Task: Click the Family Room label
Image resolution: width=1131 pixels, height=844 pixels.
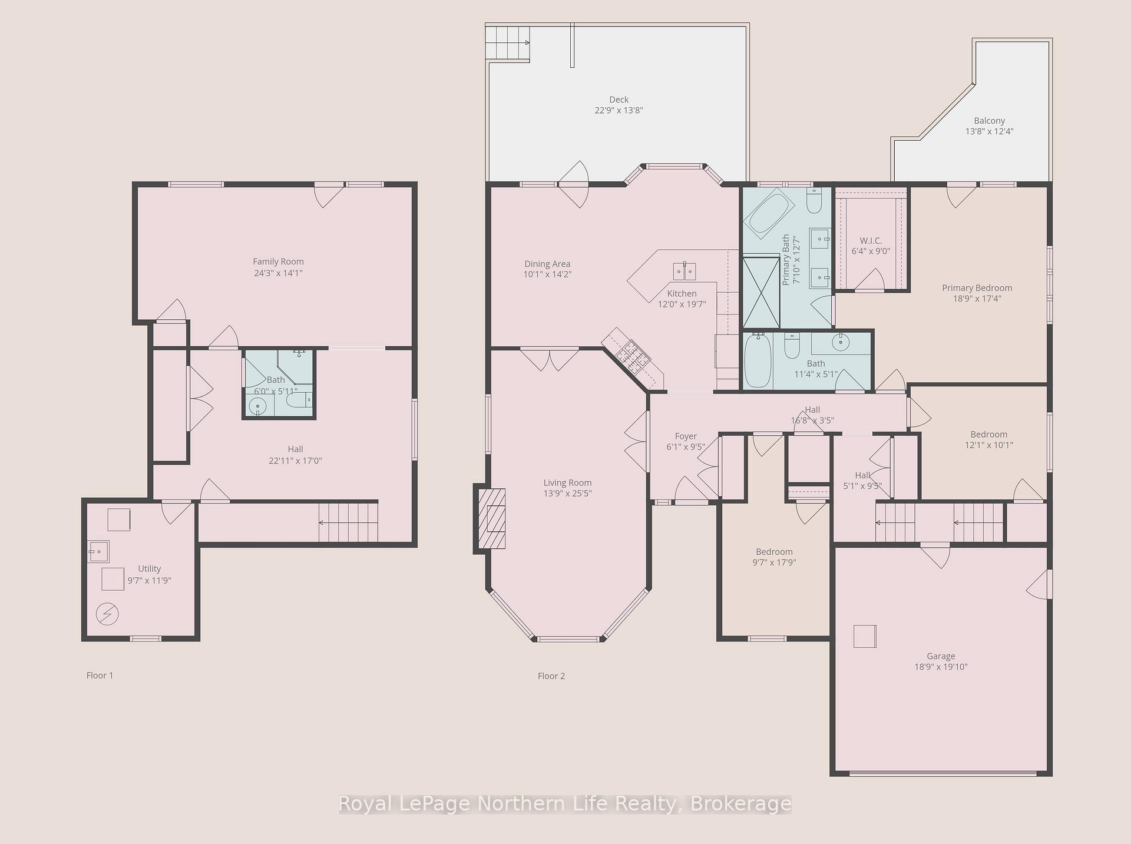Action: pyautogui.click(x=278, y=262)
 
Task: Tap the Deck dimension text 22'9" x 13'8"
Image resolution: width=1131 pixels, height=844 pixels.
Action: pyautogui.click(x=619, y=110)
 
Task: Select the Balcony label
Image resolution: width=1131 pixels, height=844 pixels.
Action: pyautogui.click(x=989, y=121)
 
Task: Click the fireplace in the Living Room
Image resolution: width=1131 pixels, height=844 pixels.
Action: pyautogui.click(x=491, y=519)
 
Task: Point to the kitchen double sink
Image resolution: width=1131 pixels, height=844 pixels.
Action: pyautogui.click(x=684, y=271)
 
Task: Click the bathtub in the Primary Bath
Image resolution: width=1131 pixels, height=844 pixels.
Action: pyautogui.click(x=769, y=212)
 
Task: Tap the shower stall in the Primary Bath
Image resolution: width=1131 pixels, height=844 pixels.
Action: pyautogui.click(x=761, y=292)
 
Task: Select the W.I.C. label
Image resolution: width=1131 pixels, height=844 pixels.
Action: pyautogui.click(x=871, y=240)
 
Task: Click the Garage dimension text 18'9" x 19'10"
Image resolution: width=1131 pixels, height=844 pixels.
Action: pyautogui.click(x=941, y=667)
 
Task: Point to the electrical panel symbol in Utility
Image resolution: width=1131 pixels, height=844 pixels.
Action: pyautogui.click(x=107, y=614)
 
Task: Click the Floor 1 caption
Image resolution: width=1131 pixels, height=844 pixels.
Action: pyautogui.click(x=100, y=675)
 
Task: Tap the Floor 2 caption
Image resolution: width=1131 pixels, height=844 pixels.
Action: pyautogui.click(x=551, y=676)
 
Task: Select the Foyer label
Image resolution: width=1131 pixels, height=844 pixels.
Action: pyautogui.click(x=686, y=436)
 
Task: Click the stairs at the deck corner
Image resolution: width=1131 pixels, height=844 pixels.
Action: pyautogui.click(x=507, y=42)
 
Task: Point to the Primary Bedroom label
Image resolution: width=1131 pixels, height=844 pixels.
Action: pyautogui.click(x=977, y=288)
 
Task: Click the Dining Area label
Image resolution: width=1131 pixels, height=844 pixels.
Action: pyautogui.click(x=547, y=264)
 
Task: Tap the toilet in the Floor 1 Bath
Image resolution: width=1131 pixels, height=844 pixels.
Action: pyautogui.click(x=298, y=401)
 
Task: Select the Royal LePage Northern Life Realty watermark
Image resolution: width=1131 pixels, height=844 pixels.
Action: pyautogui.click(x=565, y=803)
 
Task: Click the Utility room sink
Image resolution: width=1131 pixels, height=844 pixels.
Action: pyautogui.click(x=98, y=552)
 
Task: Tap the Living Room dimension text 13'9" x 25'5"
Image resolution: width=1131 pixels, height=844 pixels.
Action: pyautogui.click(x=567, y=494)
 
